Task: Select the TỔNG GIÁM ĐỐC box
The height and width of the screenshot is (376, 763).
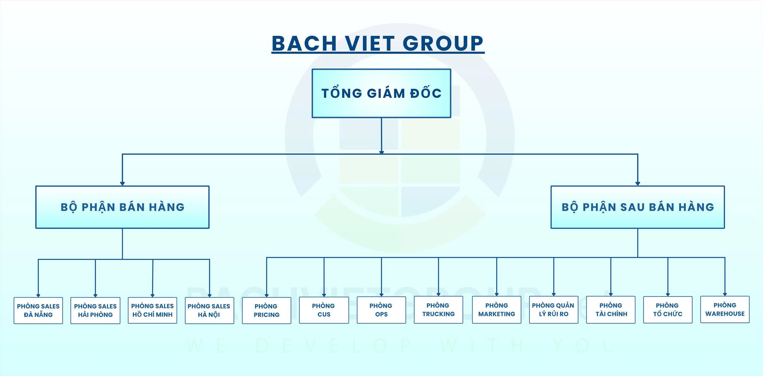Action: [381, 93]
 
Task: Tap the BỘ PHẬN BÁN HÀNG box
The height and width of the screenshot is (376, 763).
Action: [122, 207]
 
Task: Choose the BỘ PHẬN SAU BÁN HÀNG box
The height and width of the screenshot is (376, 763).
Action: [638, 207]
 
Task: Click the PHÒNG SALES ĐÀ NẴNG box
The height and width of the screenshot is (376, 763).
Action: [38, 310]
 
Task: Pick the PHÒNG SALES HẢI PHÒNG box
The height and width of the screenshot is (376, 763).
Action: [95, 310]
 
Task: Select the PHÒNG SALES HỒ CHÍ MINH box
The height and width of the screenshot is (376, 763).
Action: [152, 310]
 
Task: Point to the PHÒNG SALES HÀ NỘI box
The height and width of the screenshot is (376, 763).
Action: [209, 310]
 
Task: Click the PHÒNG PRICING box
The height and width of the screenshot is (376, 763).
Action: [266, 310]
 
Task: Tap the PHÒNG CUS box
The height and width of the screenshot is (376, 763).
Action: [324, 310]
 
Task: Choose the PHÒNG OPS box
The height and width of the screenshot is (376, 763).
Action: [381, 310]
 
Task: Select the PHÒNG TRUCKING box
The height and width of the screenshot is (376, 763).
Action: [438, 310]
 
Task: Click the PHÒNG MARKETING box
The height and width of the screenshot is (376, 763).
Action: [497, 310]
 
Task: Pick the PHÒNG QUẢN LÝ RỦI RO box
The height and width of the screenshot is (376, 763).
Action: [553, 310]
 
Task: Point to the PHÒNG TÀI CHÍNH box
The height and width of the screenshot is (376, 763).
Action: [611, 310]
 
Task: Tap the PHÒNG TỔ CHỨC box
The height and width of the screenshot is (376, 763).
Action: [668, 310]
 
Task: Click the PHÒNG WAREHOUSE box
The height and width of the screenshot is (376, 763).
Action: [725, 309]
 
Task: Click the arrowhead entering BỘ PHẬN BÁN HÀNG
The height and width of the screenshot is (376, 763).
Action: [122, 184]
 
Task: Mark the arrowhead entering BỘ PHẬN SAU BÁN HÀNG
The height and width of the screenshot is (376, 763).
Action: [638, 184]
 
